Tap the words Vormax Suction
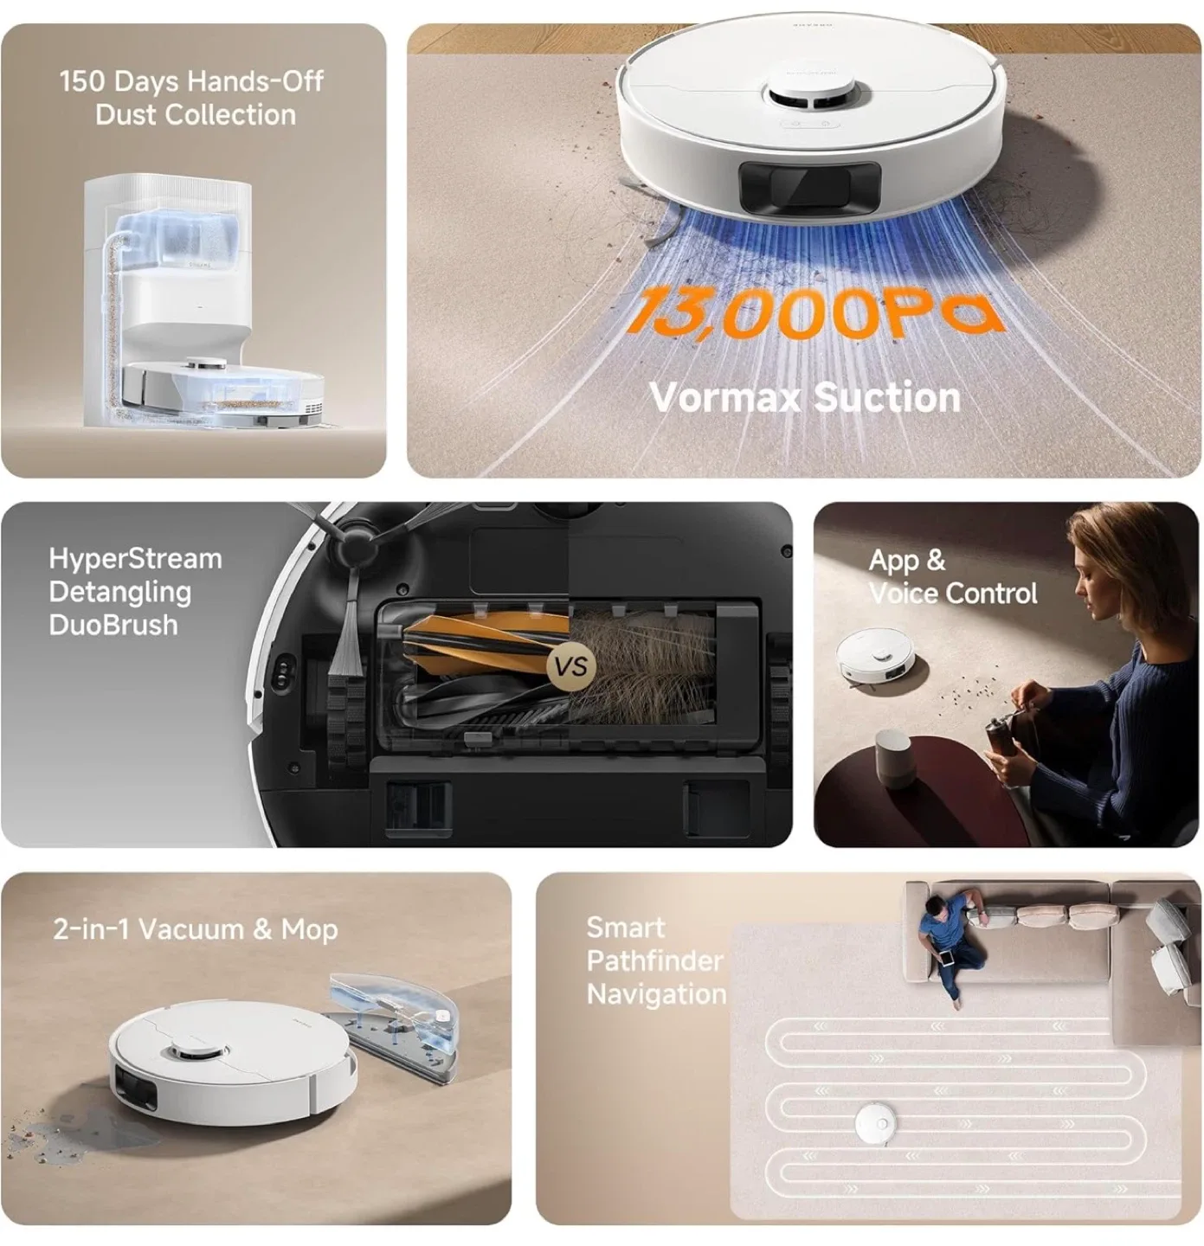click(x=804, y=397)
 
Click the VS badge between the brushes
click(x=571, y=666)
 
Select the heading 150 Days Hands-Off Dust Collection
click(x=192, y=98)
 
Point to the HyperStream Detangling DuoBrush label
click(x=135, y=592)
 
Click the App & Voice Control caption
click(x=951, y=577)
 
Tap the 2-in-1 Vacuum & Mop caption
click(x=195, y=929)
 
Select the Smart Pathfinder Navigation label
click(x=655, y=960)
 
